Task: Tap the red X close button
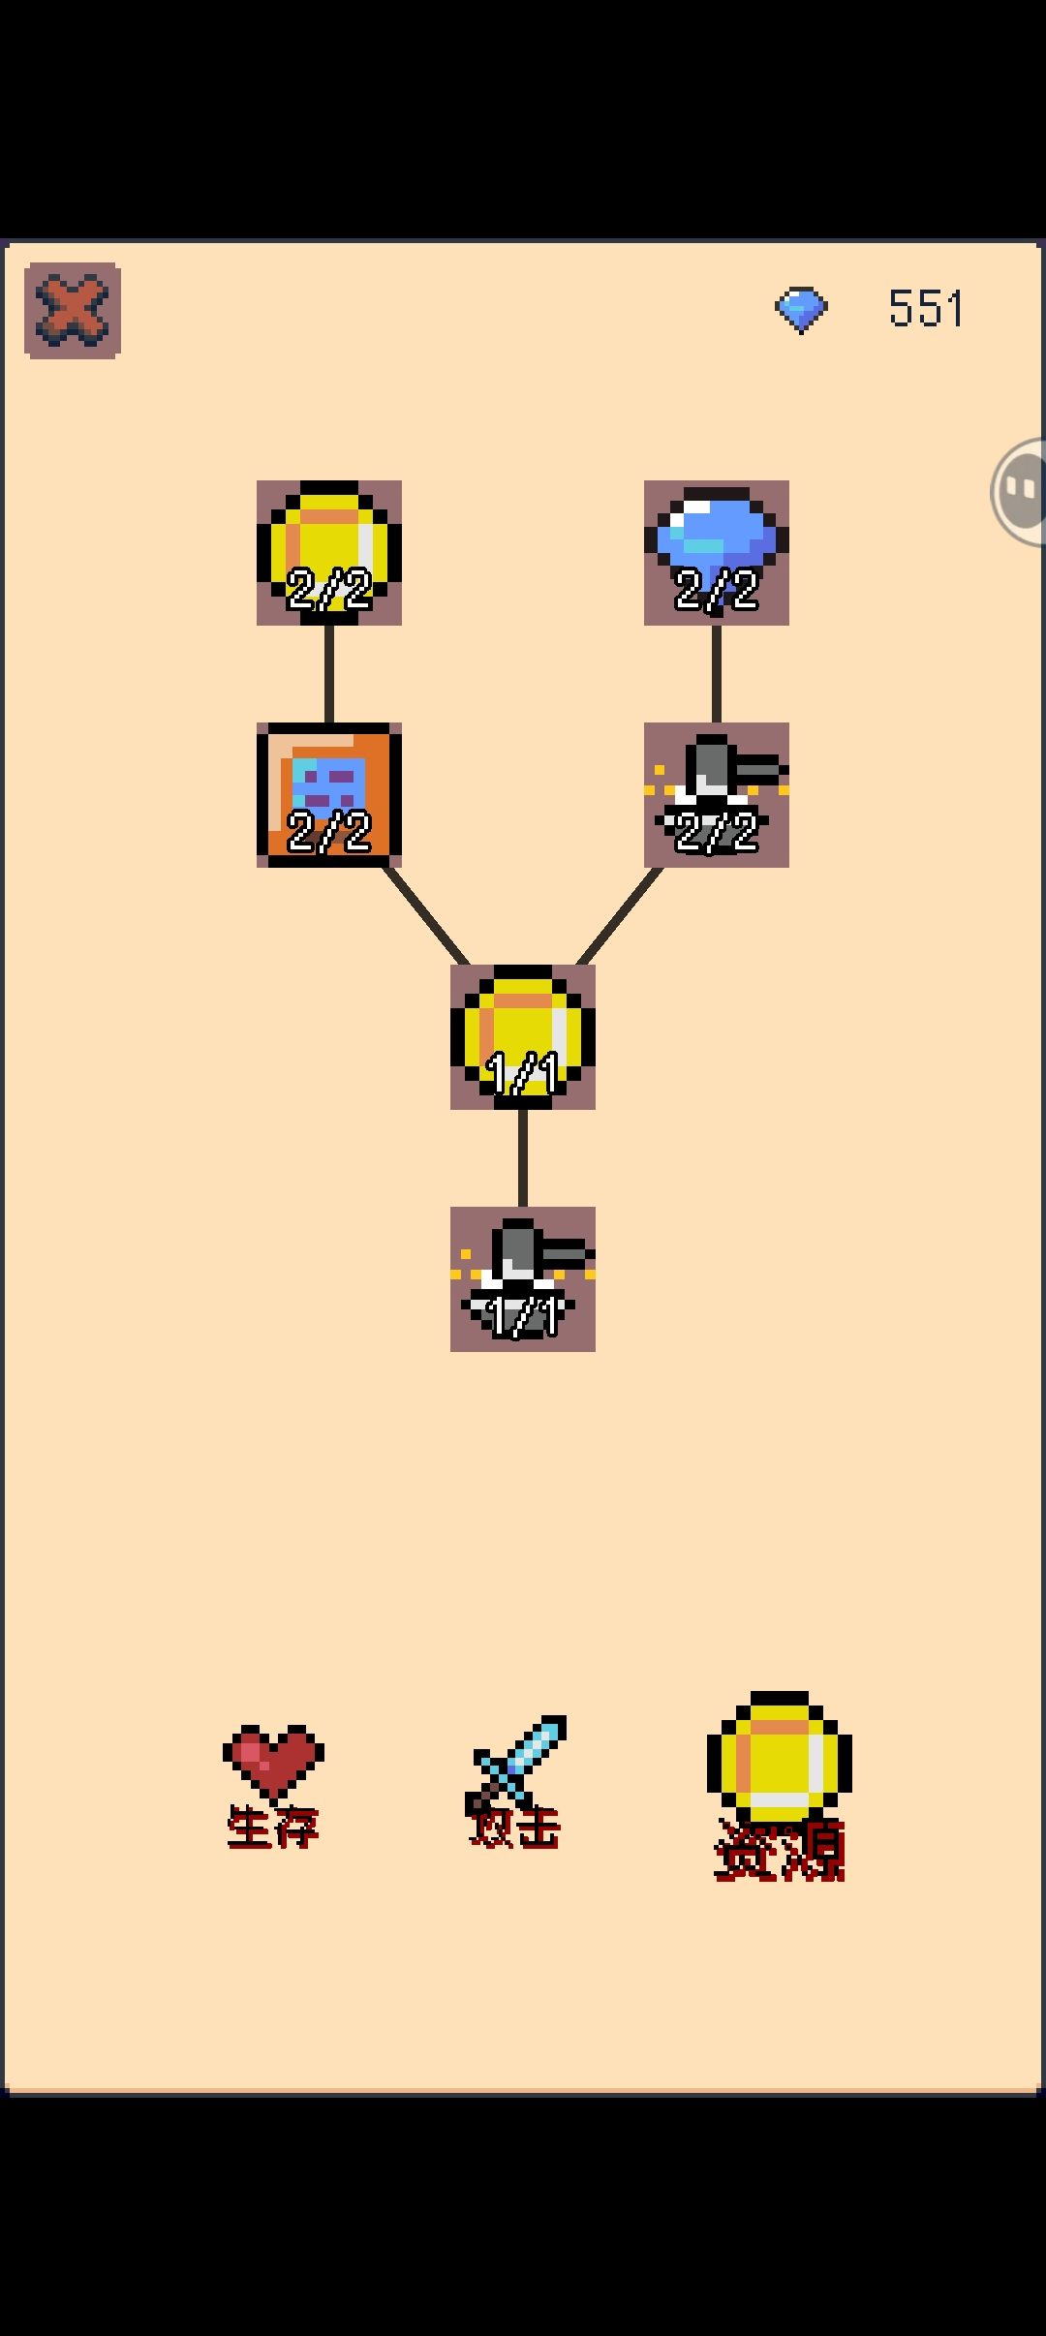[73, 311]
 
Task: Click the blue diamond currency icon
[801, 310]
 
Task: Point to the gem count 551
[926, 309]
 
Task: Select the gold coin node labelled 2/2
[329, 553]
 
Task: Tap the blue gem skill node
[717, 553]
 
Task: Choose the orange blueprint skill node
[329, 795]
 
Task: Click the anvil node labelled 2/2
[717, 795]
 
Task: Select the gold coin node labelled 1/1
[523, 1037]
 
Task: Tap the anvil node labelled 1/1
[523, 1279]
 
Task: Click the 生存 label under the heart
[273, 1829]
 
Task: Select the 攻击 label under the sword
[515, 1829]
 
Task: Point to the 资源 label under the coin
[780, 1851]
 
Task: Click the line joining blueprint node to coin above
[329, 674]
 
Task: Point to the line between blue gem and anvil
[717, 674]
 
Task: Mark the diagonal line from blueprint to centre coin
[426, 916]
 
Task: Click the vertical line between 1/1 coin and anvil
[523, 1158]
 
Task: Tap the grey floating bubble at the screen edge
[1019, 492]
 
